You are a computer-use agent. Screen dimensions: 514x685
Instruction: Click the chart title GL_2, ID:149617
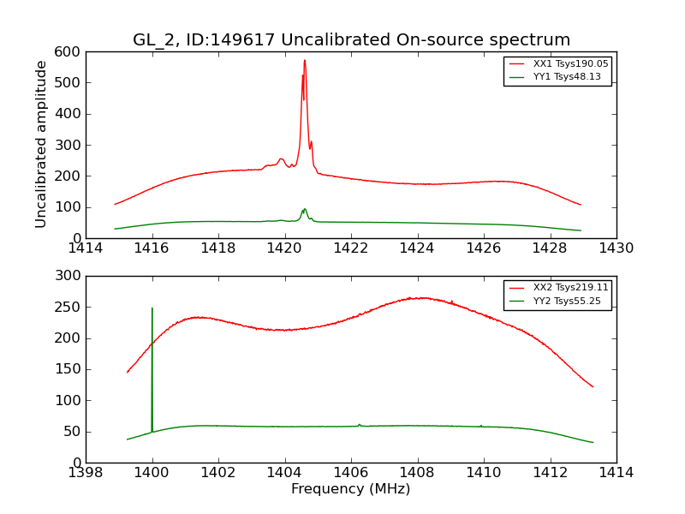[351, 40]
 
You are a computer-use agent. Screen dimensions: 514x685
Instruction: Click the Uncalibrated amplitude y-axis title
[41, 144]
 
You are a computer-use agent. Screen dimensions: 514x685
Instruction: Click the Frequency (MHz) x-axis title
[351, 489]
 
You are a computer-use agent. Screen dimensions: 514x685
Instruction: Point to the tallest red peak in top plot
[305, 61]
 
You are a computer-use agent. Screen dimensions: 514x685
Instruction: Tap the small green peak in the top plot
[304, 209]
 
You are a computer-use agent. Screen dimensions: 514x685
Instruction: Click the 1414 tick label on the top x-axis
[86, 248]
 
